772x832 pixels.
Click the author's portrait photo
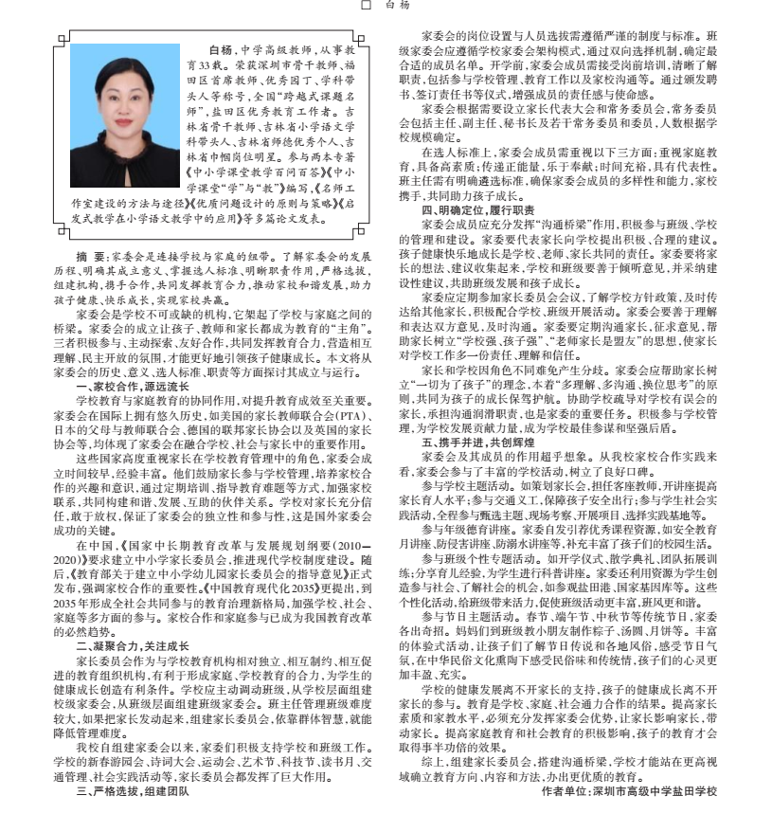point(125,116)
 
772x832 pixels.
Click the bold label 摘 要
point(92,256)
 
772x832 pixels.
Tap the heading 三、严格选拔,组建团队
point(133,789)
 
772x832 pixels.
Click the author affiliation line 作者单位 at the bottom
point(629,789)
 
